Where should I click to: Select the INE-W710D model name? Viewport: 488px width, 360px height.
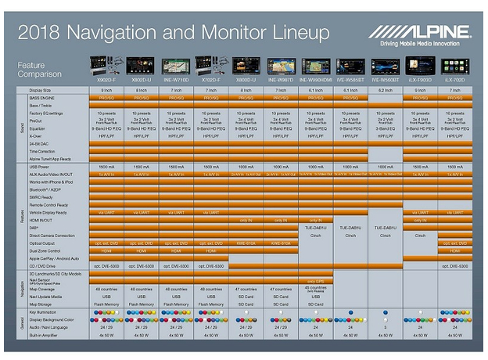pos(177,80)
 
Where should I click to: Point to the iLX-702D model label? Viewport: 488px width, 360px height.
pos(455,80)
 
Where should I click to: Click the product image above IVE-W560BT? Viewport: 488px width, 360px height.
pos(384,65)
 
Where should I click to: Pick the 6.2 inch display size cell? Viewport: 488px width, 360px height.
pos(384,91)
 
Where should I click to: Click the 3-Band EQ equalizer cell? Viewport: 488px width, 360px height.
pos(384,127)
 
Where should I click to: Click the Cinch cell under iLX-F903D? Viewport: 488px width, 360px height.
pos(419,235)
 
